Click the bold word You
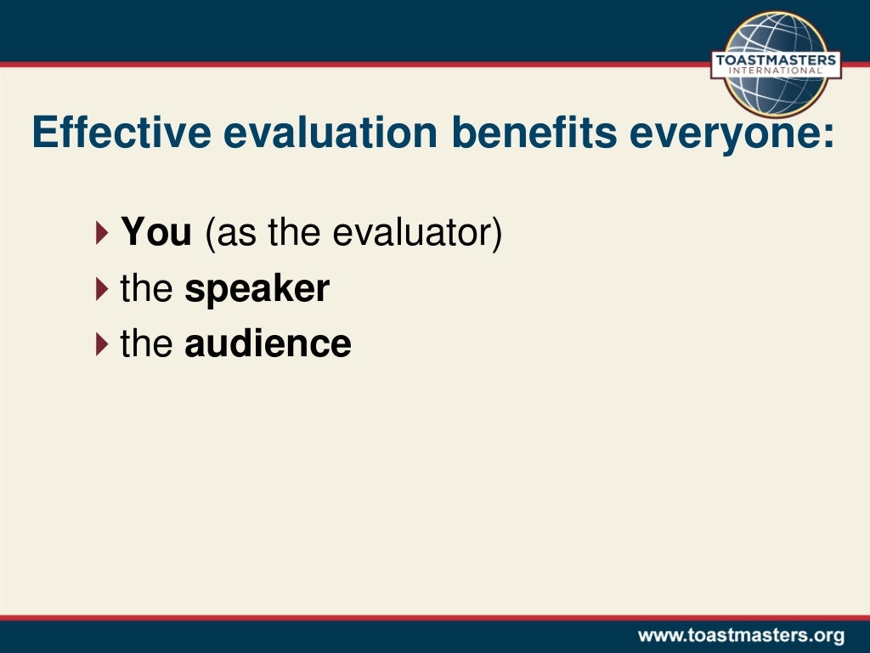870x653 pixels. pos(156,233)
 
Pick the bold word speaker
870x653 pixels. pos(257,290)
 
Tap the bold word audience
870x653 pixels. pos(268,344)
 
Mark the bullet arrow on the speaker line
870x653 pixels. pos(103,289)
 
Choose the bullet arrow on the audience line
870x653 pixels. pos(103,344)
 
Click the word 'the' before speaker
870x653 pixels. pos(147,289)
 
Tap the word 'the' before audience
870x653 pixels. pos(147,344)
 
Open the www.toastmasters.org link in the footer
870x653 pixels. pos(741,635)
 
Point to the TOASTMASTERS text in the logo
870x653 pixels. pos(774,60)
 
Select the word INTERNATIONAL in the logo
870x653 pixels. pos(774,71)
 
